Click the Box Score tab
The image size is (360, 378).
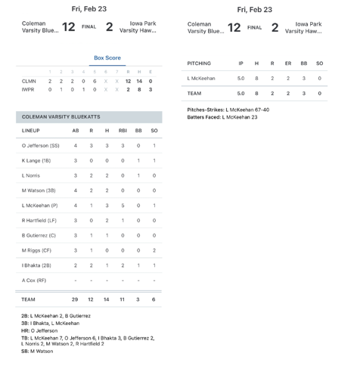pyautogui.click(x=107, y=57)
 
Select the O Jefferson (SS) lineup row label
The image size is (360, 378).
pyautogui.click(x=41, y=145)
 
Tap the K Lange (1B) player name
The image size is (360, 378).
pyautogui.click(x=36, y=160)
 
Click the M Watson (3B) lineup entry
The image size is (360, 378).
pyautogui.click(x=39, y=191)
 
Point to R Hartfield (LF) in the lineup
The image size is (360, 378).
pyautogui.click(x=39, y=220)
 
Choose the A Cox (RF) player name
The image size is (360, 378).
pyautogui.click(x=34, y=280)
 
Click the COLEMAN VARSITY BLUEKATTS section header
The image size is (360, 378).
pyautogui.click(x=61, y=117)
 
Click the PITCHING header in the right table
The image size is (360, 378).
pyautogui.click(x=199, y=64)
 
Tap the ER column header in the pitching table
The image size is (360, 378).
pyautogui.click(x=287, y=64)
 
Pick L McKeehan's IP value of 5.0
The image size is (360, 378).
pyautogui.click(x=241, y=79)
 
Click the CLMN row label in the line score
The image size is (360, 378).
pyautogui.click(x=29, y=81)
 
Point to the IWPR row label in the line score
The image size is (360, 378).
pyautogui.click(x=29, y=89)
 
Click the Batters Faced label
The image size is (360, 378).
pyautogui.click(x=203, y=118)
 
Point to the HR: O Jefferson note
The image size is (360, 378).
pyautogui.click(x=41, y=330)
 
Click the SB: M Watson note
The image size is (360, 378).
pyautogui.click(x=38, y=352)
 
